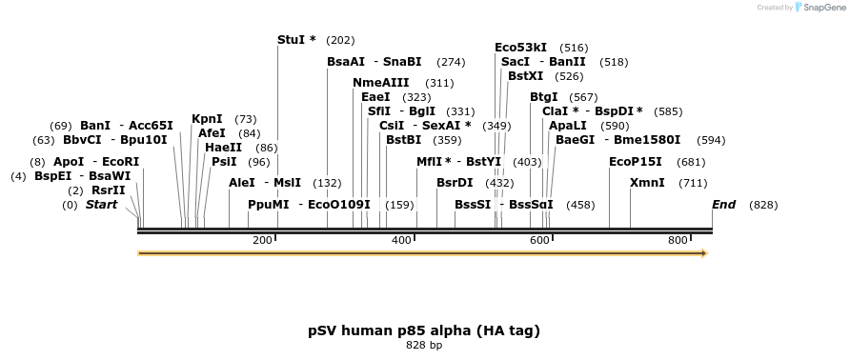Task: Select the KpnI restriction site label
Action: (x=207, y=119)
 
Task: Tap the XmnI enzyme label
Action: (x=647, y=183)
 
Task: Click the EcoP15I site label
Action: (x=635, y=162)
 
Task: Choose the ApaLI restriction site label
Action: (x=567, y=126)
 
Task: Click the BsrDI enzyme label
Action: (x=455, y=183)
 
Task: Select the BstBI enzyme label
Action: (x=403, y=140)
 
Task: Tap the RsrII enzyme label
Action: (x=108, y=190)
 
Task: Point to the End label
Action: (x=723, y=205)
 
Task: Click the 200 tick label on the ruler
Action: (x=262, y=240)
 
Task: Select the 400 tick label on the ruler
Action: (x=400, y=240)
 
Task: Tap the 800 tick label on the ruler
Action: (x=678, y=240)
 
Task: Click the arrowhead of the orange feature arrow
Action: (x=704, y=253)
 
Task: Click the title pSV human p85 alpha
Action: (x=424, y=330)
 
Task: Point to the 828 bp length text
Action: (x=424, y=345)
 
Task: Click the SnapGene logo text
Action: (x=820, y=8)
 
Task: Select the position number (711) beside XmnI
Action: (x=693, y=183)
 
